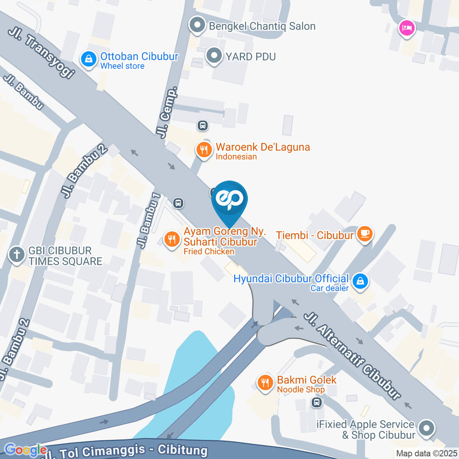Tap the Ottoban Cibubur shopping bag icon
(x=88, y=59)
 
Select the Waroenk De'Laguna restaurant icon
(x=204, y=149)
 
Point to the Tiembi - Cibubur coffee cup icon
(x=365, y=234)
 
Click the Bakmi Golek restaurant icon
(x=265, y=382)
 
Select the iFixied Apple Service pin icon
(x=426, y=427)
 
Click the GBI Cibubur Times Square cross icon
(x=17, y=255)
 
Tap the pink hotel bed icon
(x=407, y=27)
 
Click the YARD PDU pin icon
(x=214, y=56)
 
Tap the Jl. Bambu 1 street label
(x=149, y=219)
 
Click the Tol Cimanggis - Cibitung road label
(x=127, y=451)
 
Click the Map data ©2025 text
(x=426, y=453)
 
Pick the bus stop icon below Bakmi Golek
(x=316, y=403)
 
